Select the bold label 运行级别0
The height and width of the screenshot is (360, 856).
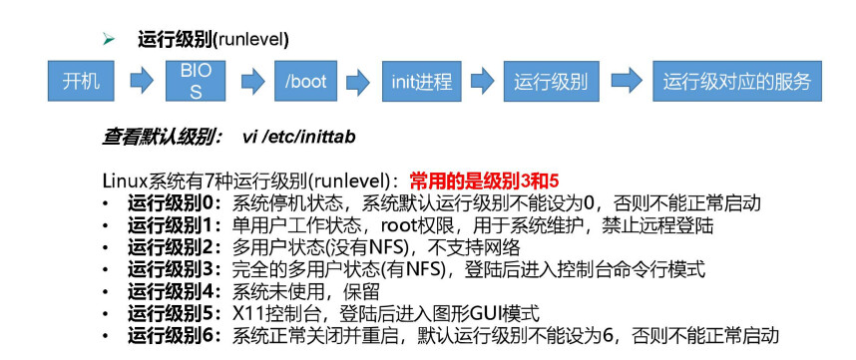(176, 203)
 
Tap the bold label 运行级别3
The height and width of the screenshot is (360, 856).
(176, 269)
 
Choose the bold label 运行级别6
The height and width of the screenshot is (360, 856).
(176, 335)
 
